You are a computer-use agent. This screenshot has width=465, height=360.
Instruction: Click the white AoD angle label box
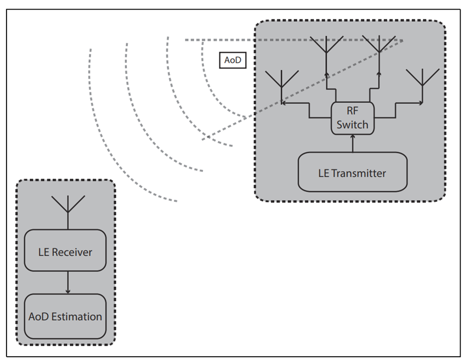pos(232,60)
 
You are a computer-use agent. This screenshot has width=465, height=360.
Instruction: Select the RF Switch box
pos(353,118)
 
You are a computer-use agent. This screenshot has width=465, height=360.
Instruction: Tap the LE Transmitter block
pos(353,172)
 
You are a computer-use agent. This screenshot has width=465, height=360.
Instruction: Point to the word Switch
pos(353,125)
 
